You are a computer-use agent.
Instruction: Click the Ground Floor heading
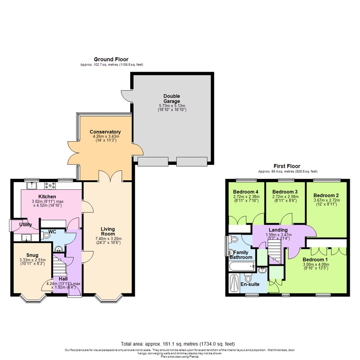(x=111, y=59)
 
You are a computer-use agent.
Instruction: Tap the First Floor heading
(x=287, y=166)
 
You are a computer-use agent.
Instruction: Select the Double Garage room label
(x=172, y=99)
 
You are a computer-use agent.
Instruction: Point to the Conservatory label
(x=105, y=132)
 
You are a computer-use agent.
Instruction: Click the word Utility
(x=26, y=225)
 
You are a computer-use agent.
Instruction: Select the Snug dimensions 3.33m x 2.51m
(x=32, y=260)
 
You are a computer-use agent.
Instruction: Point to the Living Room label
(x=108, y=231)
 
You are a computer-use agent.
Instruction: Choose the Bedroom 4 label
(x=245, y=192)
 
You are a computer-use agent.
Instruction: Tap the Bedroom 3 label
(x=285, y=192)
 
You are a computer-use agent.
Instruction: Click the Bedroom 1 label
(x=315, y=260)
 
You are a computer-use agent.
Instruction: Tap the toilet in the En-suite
(x=248, y=278)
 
